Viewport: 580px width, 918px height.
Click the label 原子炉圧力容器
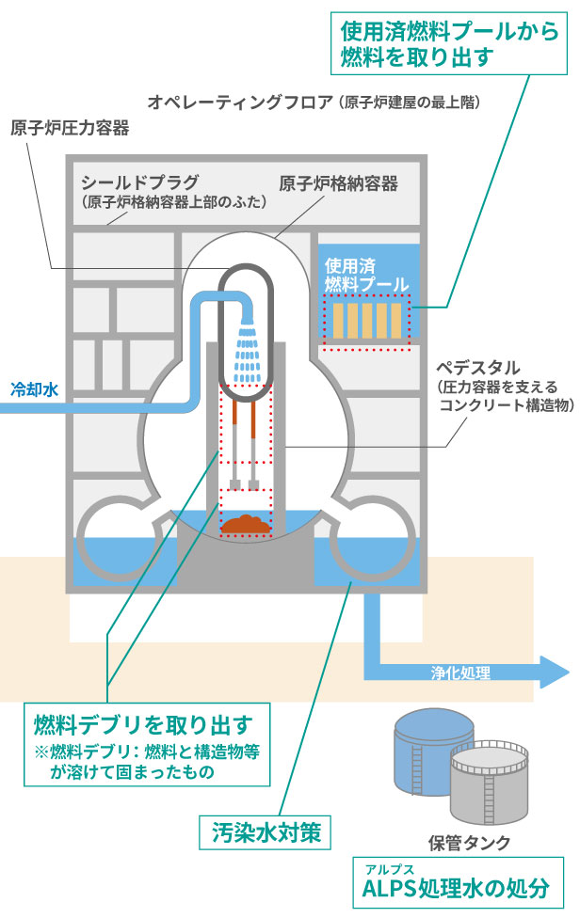[70, 127]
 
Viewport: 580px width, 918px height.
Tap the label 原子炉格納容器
[338, 182]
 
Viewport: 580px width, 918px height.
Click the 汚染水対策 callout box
[266, 832]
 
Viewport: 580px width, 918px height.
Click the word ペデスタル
[481, 365]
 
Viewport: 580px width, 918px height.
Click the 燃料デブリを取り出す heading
[141, 724]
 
